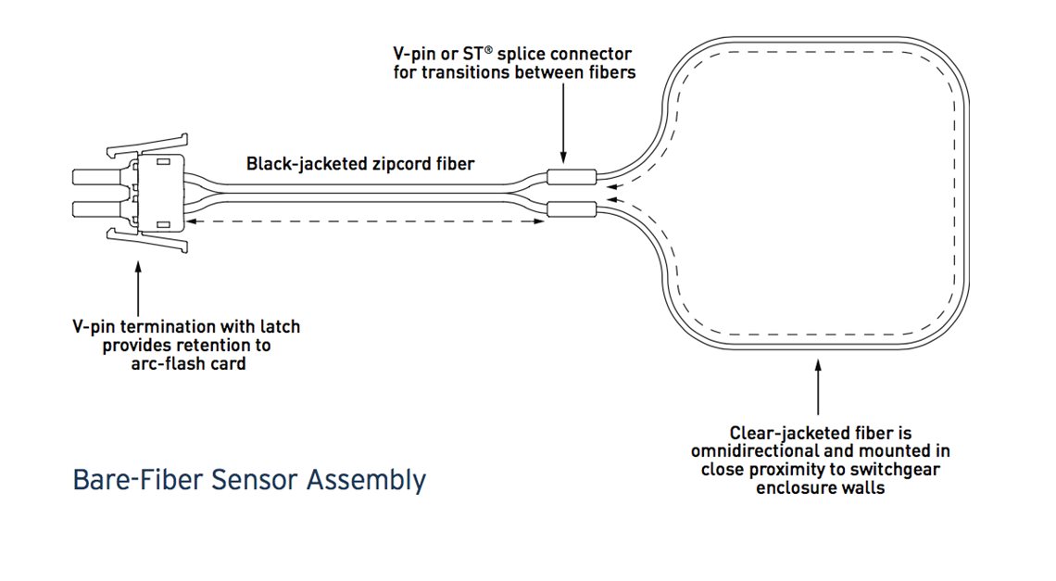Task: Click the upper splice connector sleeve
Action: [x=572, y=176]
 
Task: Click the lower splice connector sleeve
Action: [x=572, y=208]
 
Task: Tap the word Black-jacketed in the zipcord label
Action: [x=297, y=164]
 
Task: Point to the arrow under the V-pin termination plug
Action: [x=138, y=287]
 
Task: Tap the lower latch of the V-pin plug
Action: [x=148, y=243]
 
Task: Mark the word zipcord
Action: [x=406, y=164]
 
